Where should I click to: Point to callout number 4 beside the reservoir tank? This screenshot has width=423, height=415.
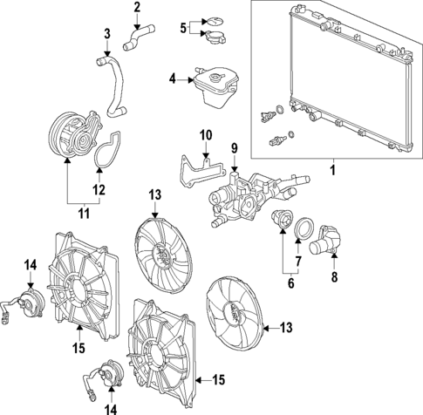coord(173,80)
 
